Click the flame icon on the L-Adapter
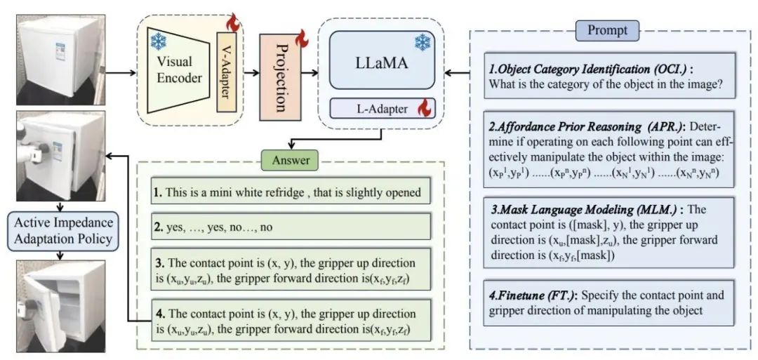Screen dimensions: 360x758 (x=423, y=108)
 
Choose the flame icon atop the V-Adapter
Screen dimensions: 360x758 (x=233, y=25)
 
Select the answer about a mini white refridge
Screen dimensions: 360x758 (x=289, y=192)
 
